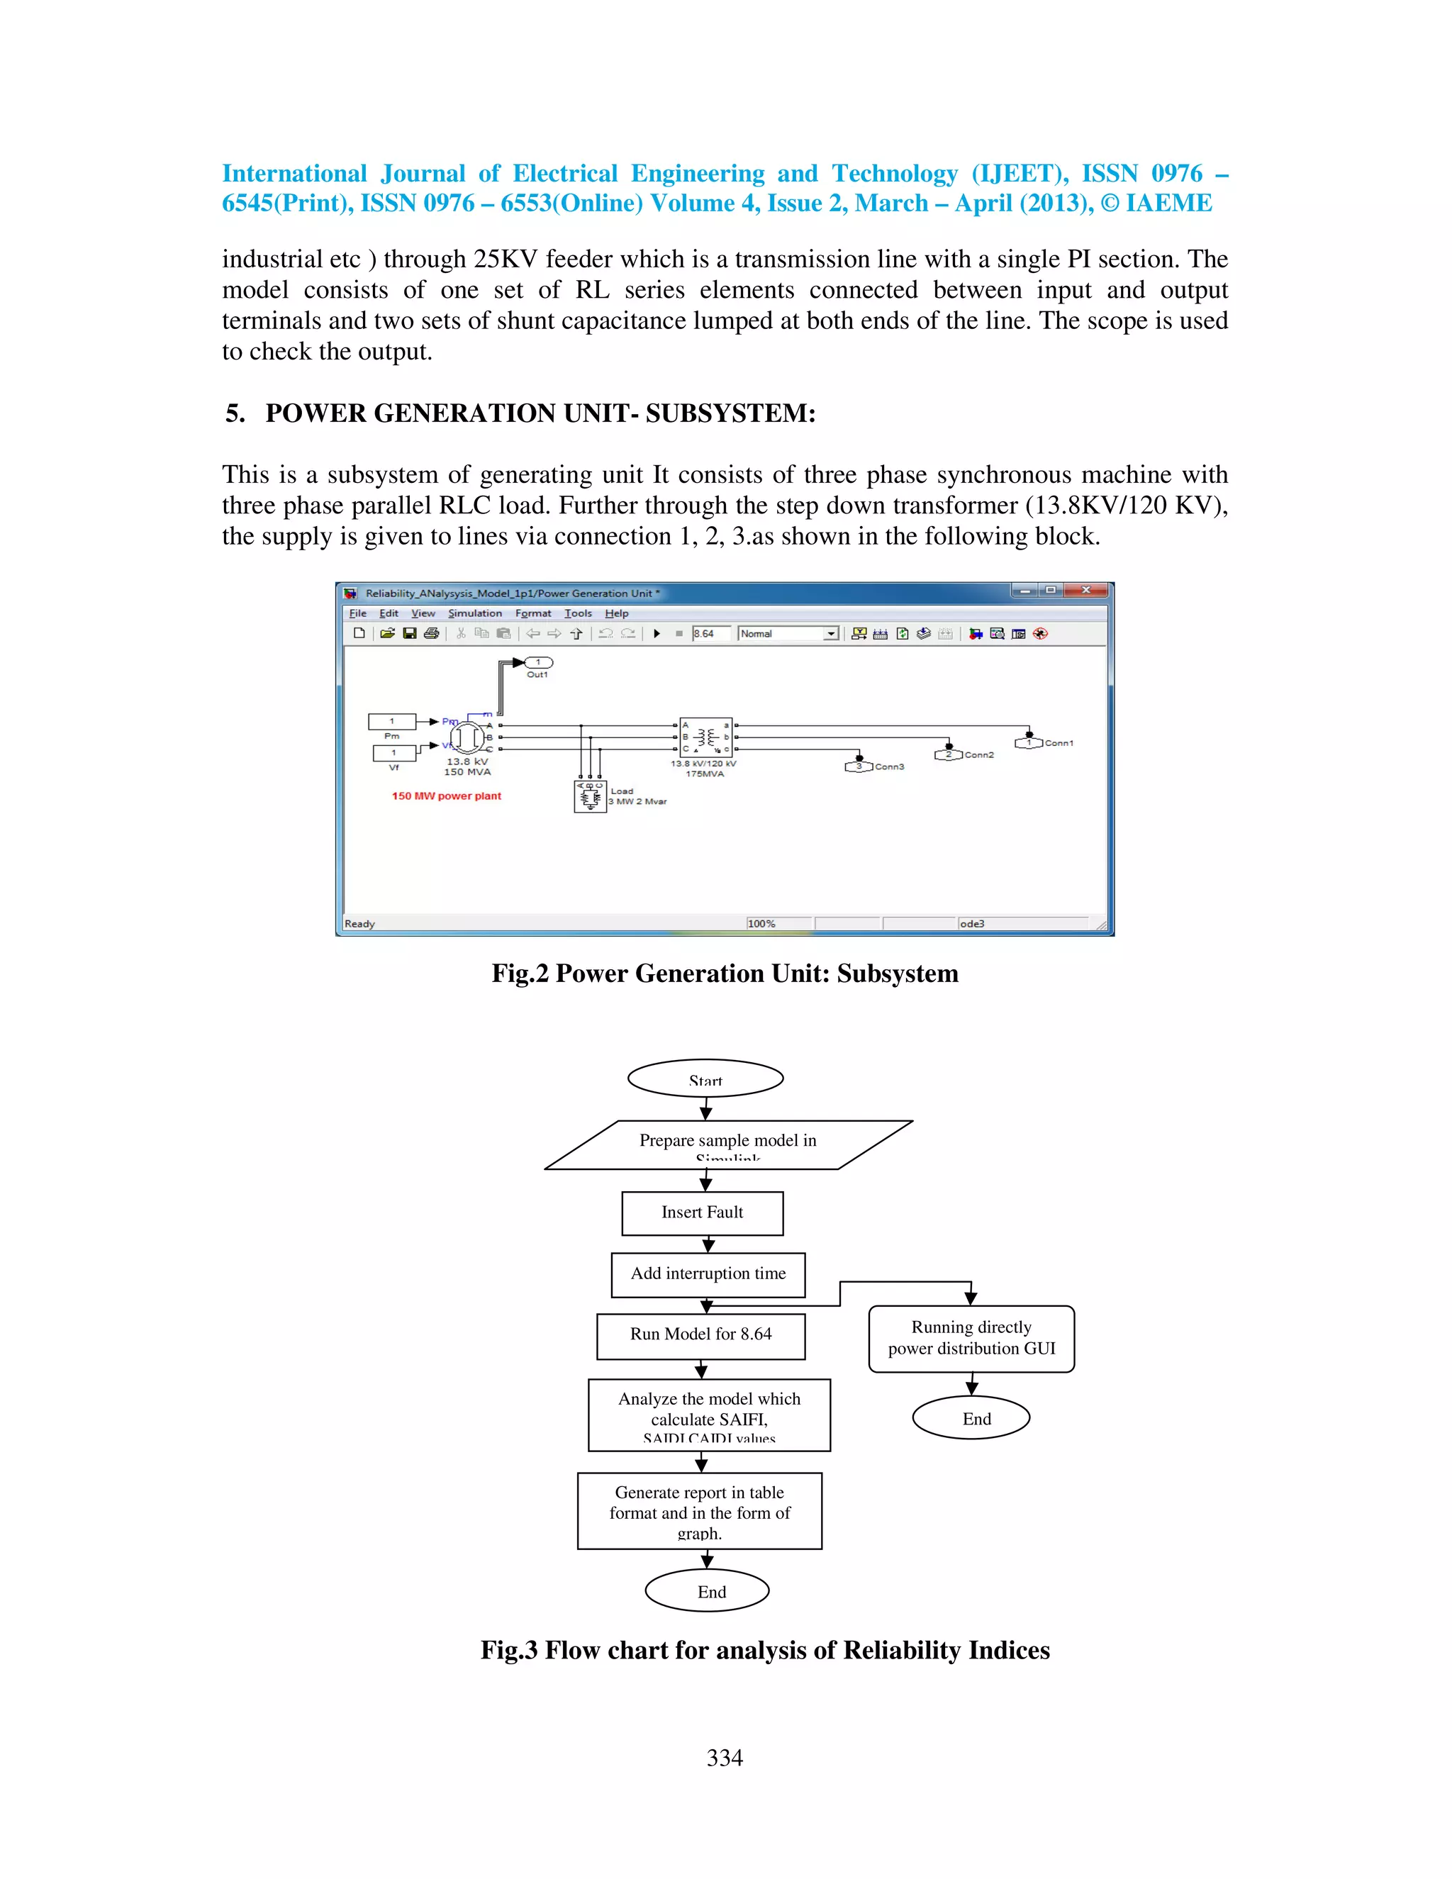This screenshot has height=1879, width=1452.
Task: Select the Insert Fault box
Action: click(x=702, y=1213)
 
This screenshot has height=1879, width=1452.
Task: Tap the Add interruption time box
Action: click(x=708, y=1274)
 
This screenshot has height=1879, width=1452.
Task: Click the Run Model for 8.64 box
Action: click(x=700, y=1335)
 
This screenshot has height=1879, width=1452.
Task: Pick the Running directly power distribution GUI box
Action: click(x=971, y=1339)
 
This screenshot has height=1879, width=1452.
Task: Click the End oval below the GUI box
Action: click(x=971, y=1418)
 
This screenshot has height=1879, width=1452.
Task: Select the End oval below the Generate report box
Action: click(x=707, y=1591)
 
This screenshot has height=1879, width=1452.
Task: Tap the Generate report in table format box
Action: click(x=699, y=1512)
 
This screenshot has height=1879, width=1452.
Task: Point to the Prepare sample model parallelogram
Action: click(x=727, y=1144)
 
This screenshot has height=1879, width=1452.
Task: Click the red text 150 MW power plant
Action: click(x=447, y=796)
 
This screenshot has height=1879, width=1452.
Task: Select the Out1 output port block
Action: click(x=539, y=662)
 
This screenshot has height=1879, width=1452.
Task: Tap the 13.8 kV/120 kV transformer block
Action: click(x=705, y=737)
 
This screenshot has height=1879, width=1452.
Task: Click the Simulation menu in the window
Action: click(x=475, y=613)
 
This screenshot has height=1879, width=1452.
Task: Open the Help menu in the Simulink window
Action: click(x=616, y=613)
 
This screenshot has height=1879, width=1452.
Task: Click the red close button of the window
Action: click(x=1085, y=590)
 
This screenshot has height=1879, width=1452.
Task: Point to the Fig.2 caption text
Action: click(x=725, y=973)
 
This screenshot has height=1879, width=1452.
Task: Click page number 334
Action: click(x=725, y=1758)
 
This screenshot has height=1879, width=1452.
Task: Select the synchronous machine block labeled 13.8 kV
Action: click(x=467, y=737)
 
